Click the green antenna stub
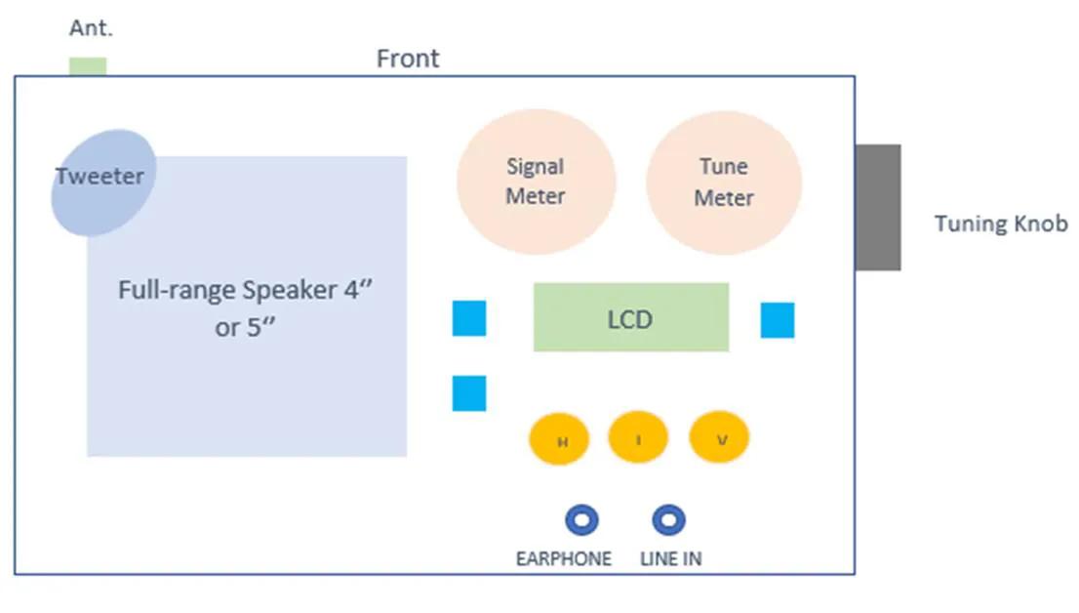pos(88,66)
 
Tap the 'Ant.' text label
pos(92,28)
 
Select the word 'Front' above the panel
pos(408,59)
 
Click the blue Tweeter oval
pos(101,182)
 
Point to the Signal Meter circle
pos(536,182)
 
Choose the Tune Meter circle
pos(724,183)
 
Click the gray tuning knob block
pos(878,207)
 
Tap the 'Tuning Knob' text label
pos(1001,224)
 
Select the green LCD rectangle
pos(630,317)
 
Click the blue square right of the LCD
pos(778,320)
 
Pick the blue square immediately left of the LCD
pos(469,318)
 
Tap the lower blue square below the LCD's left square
pos(469,392)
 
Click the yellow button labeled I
pos(638,438)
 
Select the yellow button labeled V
pos(719,438)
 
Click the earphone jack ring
pos(582,520)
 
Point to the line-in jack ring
pos(668,520)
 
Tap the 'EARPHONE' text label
pos(564,559)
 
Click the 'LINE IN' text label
pos(670,559)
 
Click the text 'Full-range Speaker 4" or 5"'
pos(245,307)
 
